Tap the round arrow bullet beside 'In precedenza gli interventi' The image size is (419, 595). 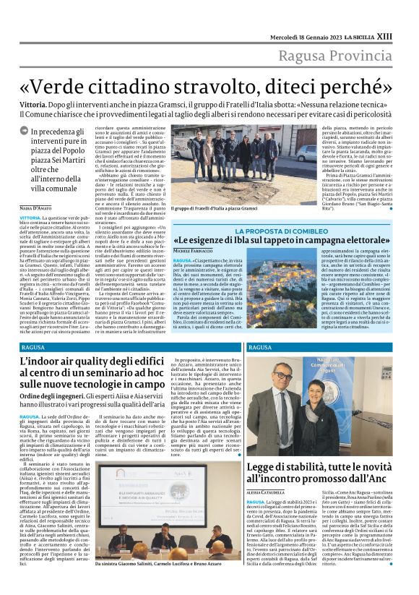pos(25,132)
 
